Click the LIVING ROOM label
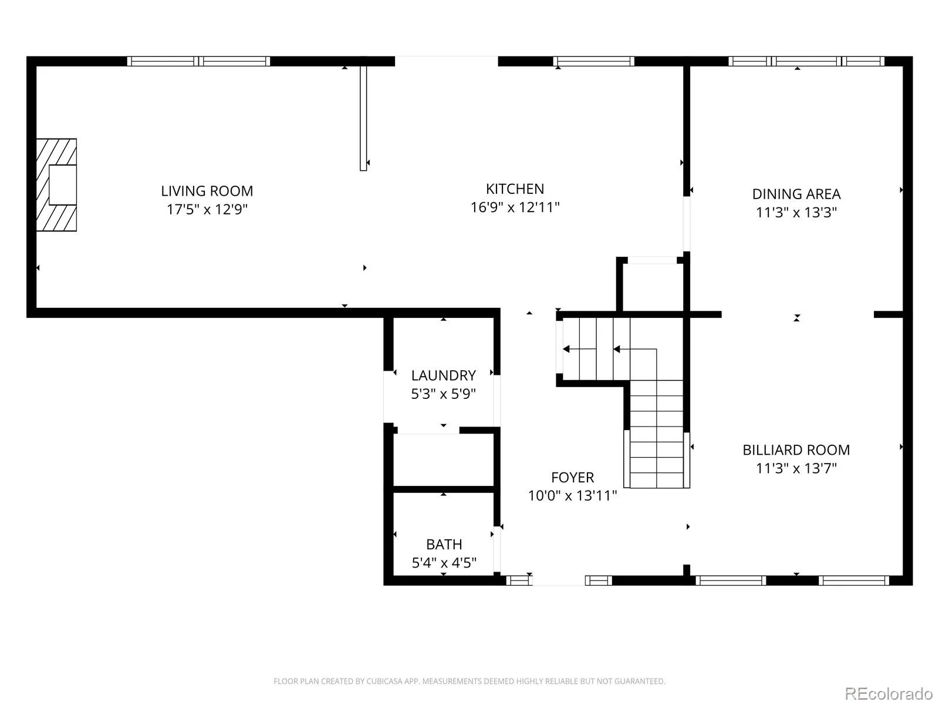point(207,191)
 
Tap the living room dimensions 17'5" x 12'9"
point(207,209)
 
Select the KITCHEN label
point(515,189)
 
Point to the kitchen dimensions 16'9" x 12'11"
point(515,207)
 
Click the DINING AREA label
point(796,194)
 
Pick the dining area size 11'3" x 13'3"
point(796,212)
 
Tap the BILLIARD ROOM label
point(796,450)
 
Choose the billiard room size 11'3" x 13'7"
point(796,468)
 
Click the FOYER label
point(572,477)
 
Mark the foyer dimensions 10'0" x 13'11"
point(572,496)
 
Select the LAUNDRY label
point(444,375)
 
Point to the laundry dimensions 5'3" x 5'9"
point(444,394)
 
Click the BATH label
point(444,544)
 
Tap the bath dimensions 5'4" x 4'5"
point(444,562)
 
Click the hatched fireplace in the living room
point(56,185)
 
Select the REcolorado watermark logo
point(889,693)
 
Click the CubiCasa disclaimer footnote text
point(469,681)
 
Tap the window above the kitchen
point(594,61)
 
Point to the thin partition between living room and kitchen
point(363,119)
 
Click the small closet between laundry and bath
point(444,460)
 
